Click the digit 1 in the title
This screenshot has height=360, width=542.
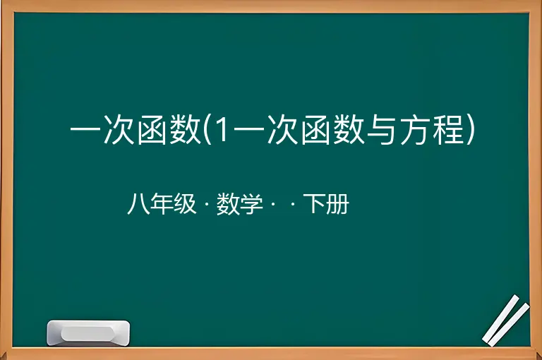coord(222,130)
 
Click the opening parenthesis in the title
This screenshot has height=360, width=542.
coord(207,131)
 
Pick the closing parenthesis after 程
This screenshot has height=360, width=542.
coord(471,131)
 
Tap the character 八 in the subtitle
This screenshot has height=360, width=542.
coord(138,204)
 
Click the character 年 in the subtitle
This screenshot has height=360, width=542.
coord(162,204)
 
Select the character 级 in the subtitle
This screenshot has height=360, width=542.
coord(185,204)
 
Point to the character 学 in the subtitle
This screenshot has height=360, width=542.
coord(251,204)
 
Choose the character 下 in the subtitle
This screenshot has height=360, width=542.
coord(314,204)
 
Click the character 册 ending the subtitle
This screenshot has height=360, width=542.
coord(338,204)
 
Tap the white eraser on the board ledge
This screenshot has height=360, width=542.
coord(88,333)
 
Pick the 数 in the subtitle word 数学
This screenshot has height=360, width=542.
coord(228,204)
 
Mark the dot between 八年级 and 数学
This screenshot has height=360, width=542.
coord(207,205)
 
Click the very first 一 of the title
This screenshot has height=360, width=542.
coord(85,131)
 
